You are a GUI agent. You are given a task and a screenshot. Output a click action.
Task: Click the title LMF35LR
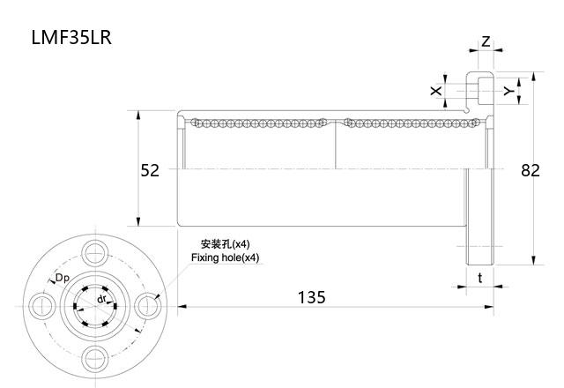71,38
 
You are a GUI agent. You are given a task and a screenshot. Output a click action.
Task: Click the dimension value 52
150,170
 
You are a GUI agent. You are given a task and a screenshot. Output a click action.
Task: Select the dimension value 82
530,170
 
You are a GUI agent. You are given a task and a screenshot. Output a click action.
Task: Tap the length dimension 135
309,297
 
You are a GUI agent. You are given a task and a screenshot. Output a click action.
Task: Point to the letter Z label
486,42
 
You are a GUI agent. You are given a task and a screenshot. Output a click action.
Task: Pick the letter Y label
508,91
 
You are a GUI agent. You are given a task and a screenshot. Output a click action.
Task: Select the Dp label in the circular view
63,279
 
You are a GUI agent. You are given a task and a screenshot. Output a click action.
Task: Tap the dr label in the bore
102,299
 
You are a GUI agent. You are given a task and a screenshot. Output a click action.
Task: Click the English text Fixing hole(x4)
226,257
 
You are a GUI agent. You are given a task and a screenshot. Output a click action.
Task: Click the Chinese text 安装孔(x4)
226,243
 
